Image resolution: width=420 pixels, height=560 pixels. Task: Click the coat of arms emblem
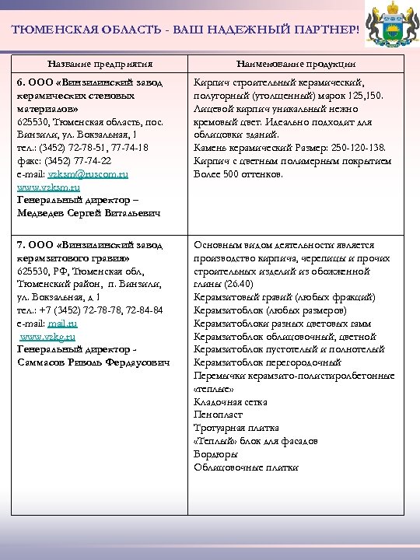tap(392, 28)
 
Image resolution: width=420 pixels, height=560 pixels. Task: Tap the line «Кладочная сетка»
tap(230, 402)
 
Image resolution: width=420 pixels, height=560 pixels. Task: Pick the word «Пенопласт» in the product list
tap(219, 415)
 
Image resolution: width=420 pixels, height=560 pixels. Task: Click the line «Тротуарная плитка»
tap(236, 427)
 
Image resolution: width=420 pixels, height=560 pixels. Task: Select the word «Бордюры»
tap(216, 453)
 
